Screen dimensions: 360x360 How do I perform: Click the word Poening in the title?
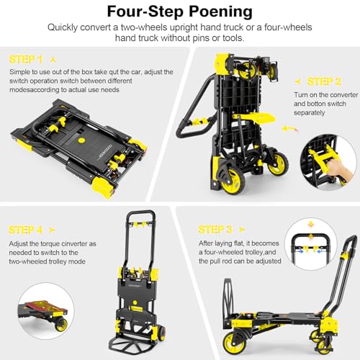point(220,12)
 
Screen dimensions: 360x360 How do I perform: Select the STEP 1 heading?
point(26,60)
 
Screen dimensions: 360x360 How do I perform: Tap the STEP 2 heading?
point(324,81)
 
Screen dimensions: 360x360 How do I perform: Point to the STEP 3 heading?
point(215,230)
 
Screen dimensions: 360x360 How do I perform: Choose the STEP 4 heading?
point(25,230)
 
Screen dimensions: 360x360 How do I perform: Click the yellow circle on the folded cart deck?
point(82,140)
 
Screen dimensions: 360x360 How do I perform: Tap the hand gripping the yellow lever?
point(339,168)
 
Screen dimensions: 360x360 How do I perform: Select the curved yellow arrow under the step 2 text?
point(289,129)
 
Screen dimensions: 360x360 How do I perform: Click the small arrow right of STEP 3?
point(242,230)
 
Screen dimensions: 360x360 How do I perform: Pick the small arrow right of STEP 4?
point(52,230)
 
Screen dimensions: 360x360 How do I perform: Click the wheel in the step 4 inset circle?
point(61,325)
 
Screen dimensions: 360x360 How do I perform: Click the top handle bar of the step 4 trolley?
point(140,213)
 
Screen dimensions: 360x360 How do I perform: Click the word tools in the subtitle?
point(233,38)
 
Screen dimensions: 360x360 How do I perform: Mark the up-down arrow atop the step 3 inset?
point(310,225)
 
